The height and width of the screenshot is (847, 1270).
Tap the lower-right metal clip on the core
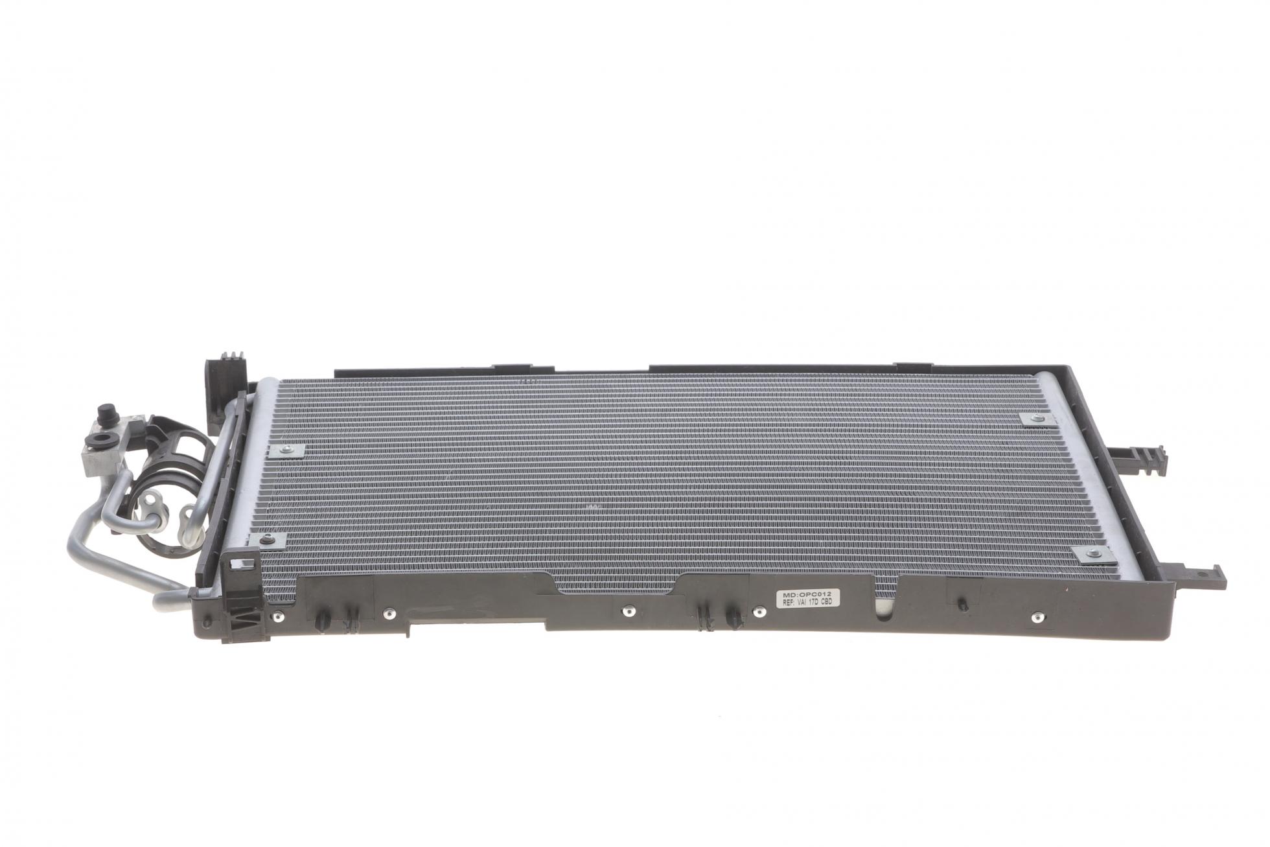(1091, 553)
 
